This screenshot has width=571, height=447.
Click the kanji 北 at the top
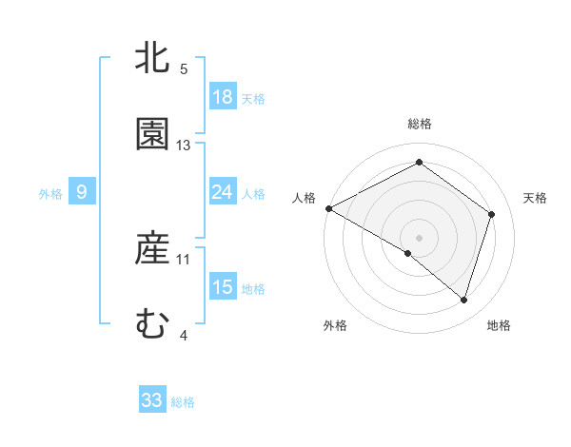[152, 58]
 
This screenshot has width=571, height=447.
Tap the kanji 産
[152, 249]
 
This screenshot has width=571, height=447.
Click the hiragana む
[152, 324]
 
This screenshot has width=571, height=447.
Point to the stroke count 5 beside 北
[184, 68]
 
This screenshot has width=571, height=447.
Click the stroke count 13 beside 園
[184, 145]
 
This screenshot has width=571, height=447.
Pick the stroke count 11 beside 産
[184, 259]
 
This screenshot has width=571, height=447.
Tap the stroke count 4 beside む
[184, 335]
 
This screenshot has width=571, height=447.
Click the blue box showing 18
[222, 97]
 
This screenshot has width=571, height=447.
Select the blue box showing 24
[222, 192]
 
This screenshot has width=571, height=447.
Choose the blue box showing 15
[222, 287]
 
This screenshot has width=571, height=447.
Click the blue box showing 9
[82, 192]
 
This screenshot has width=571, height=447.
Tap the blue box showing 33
[152, 400]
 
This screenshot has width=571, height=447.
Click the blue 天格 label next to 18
[253, 98]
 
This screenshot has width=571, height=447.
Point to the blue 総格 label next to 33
[183, 401]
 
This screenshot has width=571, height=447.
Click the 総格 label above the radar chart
[419, 124]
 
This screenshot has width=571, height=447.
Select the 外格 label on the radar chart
[335, 325]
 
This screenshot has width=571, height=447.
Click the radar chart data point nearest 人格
[328, 208]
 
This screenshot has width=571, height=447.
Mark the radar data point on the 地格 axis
[463, 300]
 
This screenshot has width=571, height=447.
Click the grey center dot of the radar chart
[419, 237]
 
